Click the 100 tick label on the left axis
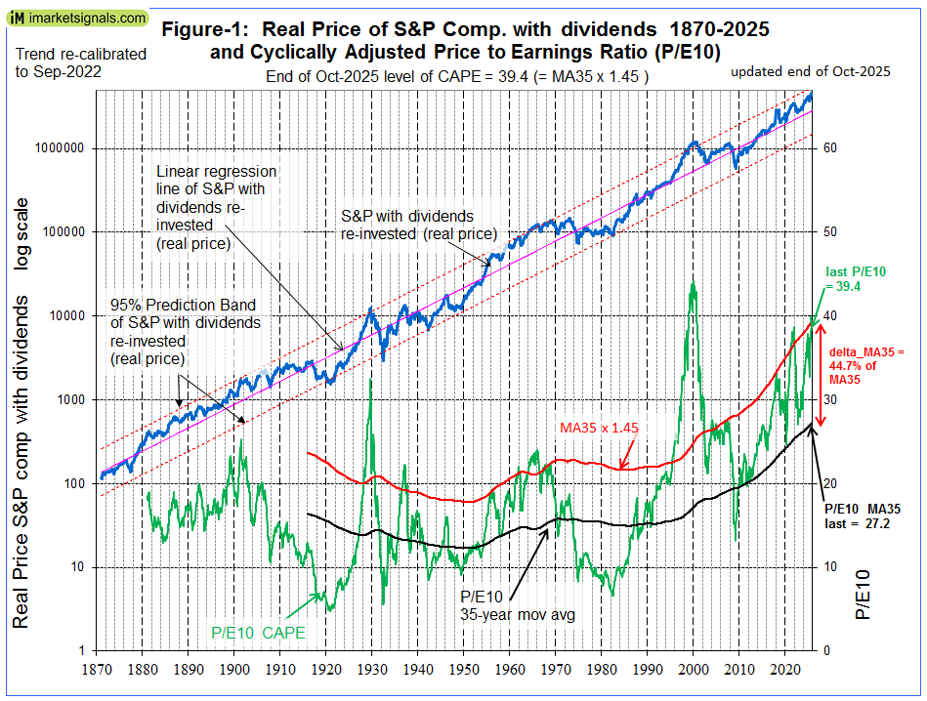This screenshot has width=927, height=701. pyautogui.click(x=75, y=483)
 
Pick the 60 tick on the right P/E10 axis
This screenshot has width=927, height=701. pyautogui.click(x=830, y=148)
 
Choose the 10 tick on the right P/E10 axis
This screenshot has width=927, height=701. pyautogui.click(x=830, y=567)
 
